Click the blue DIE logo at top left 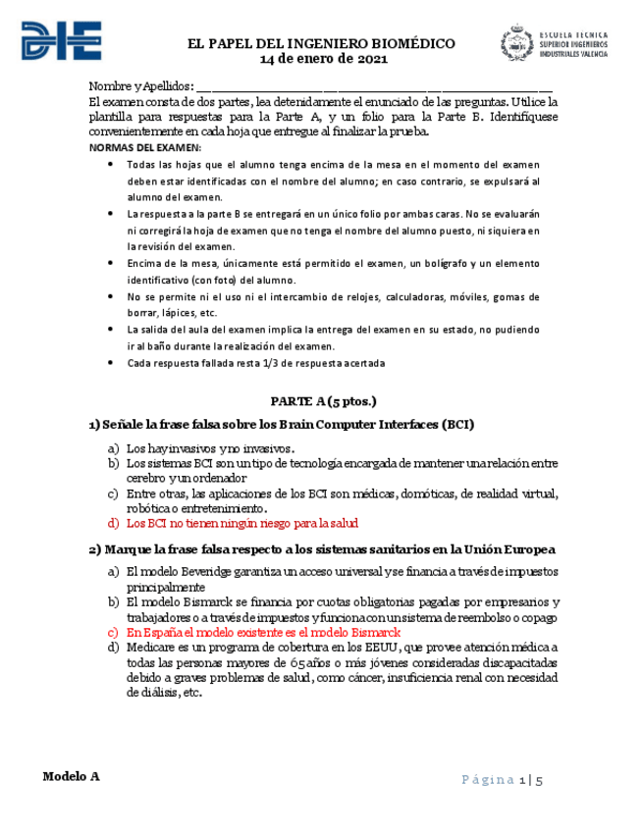(x=60, y=41)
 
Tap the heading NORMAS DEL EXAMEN (x=144, y=147)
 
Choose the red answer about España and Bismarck (x=263, y=633)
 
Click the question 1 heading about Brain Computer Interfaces (x=281, y=424)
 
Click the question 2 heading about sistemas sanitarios (x=322, y=548)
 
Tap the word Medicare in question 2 (x=151, y=648)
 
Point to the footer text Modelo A (x=71, y=775)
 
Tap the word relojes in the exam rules (x=351, y=297)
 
